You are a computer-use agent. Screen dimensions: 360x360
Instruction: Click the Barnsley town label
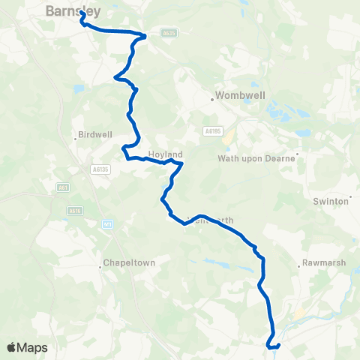click(x=73, y=10)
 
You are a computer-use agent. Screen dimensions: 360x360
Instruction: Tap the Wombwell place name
click(x=236, y=96)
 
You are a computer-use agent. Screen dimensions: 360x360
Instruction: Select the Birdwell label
click(x=95, y=136)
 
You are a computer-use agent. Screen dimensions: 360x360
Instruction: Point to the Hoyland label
click(x=165, y=154)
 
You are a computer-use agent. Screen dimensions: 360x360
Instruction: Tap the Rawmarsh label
click(x=320, y=263)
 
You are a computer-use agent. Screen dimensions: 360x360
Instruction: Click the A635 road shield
click(x=168, y=33)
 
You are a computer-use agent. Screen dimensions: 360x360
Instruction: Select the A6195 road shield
click(x=212, y=130)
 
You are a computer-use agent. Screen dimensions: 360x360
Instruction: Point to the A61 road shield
click(x=63, y=187)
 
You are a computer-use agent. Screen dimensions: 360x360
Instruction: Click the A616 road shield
click(x=74, y=211)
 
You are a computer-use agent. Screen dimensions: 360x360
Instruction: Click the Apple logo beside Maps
click(x=11, y=347)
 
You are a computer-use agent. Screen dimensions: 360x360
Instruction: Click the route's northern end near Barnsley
click(x=81, y=13)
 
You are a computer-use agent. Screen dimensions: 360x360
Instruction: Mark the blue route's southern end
click(x=268, y=346)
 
